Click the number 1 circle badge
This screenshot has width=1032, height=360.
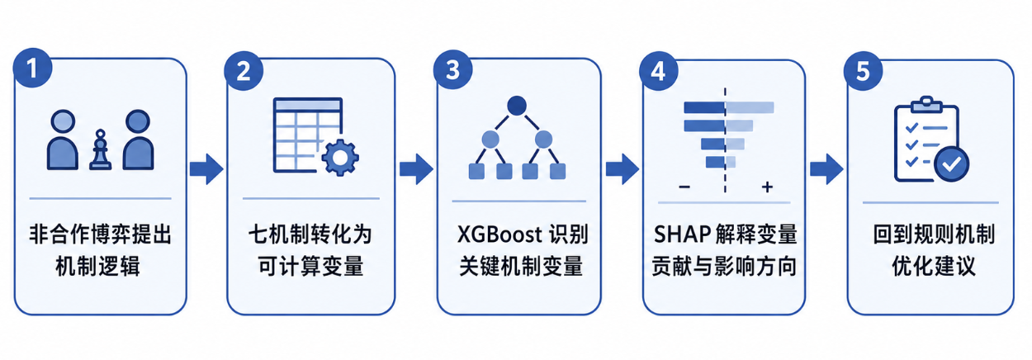(32, 68)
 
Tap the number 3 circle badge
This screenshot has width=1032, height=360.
(453, 69)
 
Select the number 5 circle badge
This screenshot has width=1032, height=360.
(863, 71)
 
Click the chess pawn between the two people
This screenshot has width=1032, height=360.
(100, 149)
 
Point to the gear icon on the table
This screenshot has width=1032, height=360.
(340, 158)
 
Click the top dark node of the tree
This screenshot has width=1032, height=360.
(517, 106)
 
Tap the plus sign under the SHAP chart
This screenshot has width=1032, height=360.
(767, 187)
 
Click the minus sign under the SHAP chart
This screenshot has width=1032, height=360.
(684, 187)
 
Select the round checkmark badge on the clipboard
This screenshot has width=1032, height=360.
(951, 164)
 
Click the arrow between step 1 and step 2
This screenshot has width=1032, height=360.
(206, 169)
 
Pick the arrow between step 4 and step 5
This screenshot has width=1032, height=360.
(826, 169)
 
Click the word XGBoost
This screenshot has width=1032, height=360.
(493, 234)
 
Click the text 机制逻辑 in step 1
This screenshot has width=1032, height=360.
(97, 267)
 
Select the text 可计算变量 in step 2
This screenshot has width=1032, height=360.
(310, 267)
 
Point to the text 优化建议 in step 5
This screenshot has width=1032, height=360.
(934, 267)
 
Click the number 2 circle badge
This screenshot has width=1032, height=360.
(244, 71)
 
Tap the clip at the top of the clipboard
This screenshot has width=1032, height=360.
(926, 104)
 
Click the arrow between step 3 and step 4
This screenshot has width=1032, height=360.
(623, 169)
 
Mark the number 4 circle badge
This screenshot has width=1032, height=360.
(658, 71)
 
